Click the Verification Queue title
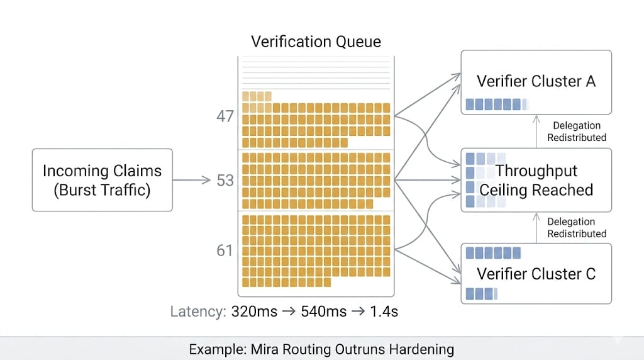click(316, 42)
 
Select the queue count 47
click(225, 116)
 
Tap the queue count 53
click(225, 181)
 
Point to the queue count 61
click(225, 250)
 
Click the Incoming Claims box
click(102, 179)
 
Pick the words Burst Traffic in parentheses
click(102, 189)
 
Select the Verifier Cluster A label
click(536, 81)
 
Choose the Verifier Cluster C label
click(536, 274)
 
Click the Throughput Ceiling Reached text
click(536, 180)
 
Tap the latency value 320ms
click(254, 311)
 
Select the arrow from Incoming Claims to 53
click(191, 181)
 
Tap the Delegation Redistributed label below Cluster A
click(576, 132)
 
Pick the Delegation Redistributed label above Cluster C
click(576, 227)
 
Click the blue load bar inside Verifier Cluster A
click(494, 104)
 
